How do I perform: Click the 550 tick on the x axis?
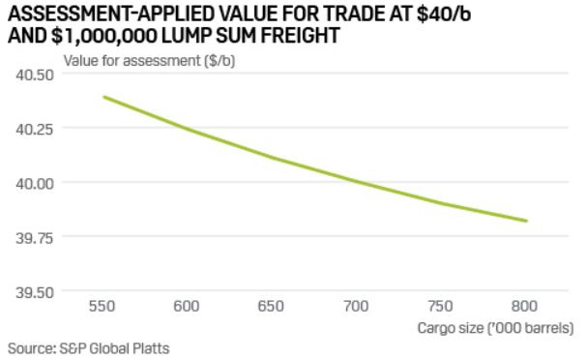102,306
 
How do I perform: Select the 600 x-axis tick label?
187,306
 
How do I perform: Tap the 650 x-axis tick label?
272,306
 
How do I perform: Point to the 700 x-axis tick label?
357,306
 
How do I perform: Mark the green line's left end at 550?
102,97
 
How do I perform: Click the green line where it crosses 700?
357,181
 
